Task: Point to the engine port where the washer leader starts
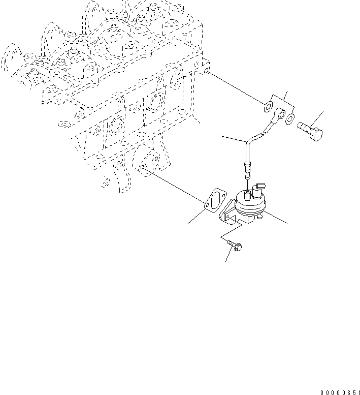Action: point(207,73)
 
